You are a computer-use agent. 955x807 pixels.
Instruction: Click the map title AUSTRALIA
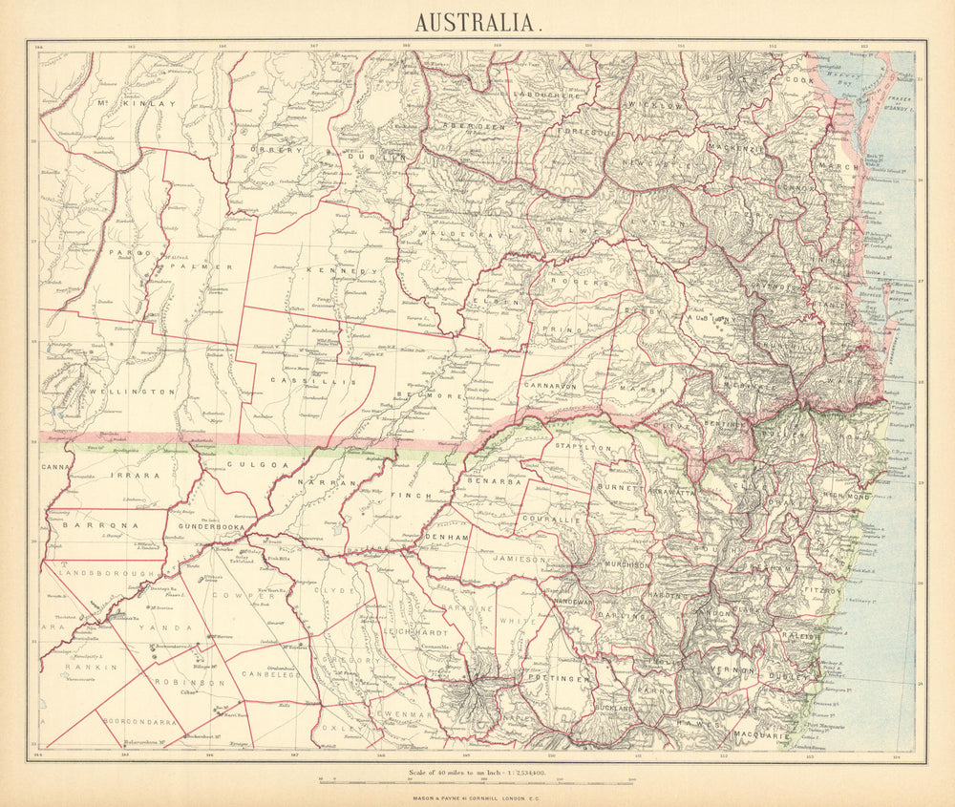click(x=476, y=21)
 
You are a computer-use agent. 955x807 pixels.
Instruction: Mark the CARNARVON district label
click(x=549, y=385)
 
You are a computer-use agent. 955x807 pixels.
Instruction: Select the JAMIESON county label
click(x=521, y=559)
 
